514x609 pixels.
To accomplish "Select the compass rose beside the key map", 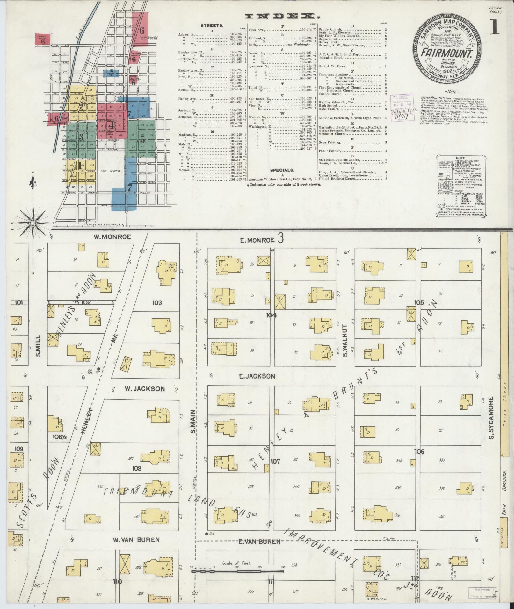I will pos(33,219).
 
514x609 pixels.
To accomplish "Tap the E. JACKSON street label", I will pos(257,376).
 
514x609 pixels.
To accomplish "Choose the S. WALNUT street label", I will pos(344,340).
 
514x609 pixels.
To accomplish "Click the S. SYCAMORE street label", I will pos(491,418).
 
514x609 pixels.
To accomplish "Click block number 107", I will pos(275,461).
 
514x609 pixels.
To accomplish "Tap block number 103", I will pos(157,302).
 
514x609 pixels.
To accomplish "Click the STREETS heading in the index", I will pos(212,25).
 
